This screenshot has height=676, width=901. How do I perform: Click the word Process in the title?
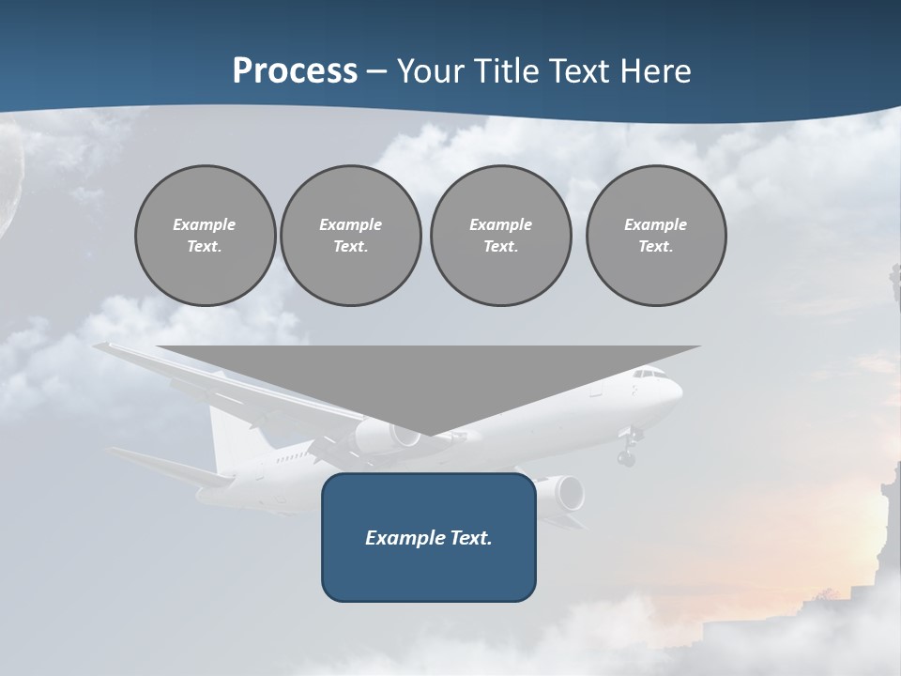point(295,70)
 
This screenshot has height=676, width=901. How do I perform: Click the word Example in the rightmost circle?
point(655,224)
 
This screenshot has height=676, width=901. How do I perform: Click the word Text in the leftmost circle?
point(204,247)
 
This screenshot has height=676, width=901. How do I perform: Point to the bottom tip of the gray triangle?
point(430,435)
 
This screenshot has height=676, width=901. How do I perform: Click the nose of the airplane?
point(678,389)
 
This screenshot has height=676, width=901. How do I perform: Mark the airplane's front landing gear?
point(626,451)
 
